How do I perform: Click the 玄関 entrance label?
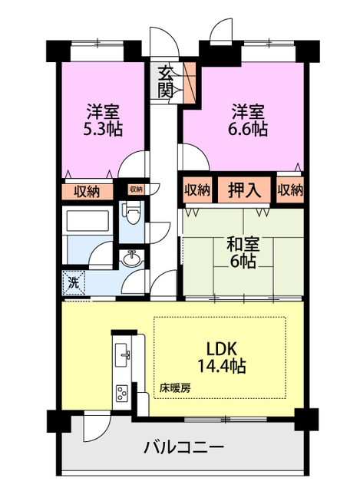coord(165,82)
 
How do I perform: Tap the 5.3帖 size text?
coord(103,129)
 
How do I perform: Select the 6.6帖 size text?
coord(248,129)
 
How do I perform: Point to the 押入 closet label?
coord(244,189)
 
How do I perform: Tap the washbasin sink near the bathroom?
coord(132,258)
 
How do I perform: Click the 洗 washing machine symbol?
coord(74,283)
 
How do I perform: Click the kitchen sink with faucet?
coord(123,354)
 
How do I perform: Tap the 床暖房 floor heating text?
coord(175,388)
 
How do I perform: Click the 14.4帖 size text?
coord(222,366)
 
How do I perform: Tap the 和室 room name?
coord(243,245)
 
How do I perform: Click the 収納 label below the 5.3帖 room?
coord(87,191)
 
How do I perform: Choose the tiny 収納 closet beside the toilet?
coord(136,189)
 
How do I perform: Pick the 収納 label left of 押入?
coord(197,189)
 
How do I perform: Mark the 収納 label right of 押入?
coord(290,189)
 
